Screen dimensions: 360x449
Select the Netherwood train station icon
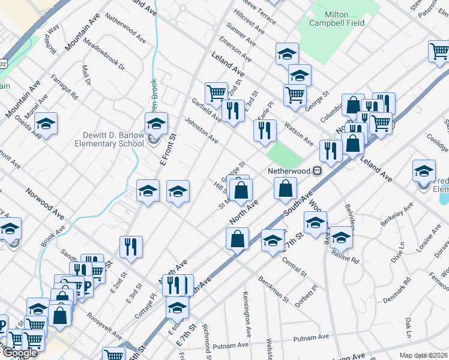pyautogui.click(x=316, y=171)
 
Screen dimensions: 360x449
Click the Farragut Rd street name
pyautogui.click(x=64, y=87)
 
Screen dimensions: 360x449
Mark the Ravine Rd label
pyautogui.click(x=346, y=260)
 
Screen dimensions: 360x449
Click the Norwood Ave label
pyautogui.click(x=44, y=203)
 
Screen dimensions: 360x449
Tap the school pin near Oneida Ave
pyautogui.click(x=46, y=124)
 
